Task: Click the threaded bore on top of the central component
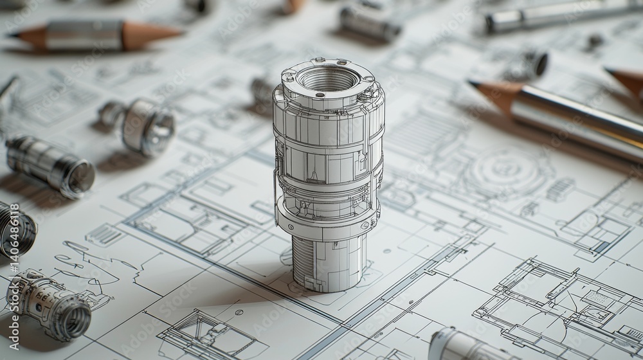coord(328,80)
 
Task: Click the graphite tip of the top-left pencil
coord(13,34)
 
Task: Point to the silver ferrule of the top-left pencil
coord(84,35)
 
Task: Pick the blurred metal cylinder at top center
coord(370,22)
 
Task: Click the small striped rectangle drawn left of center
coord(105,235)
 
